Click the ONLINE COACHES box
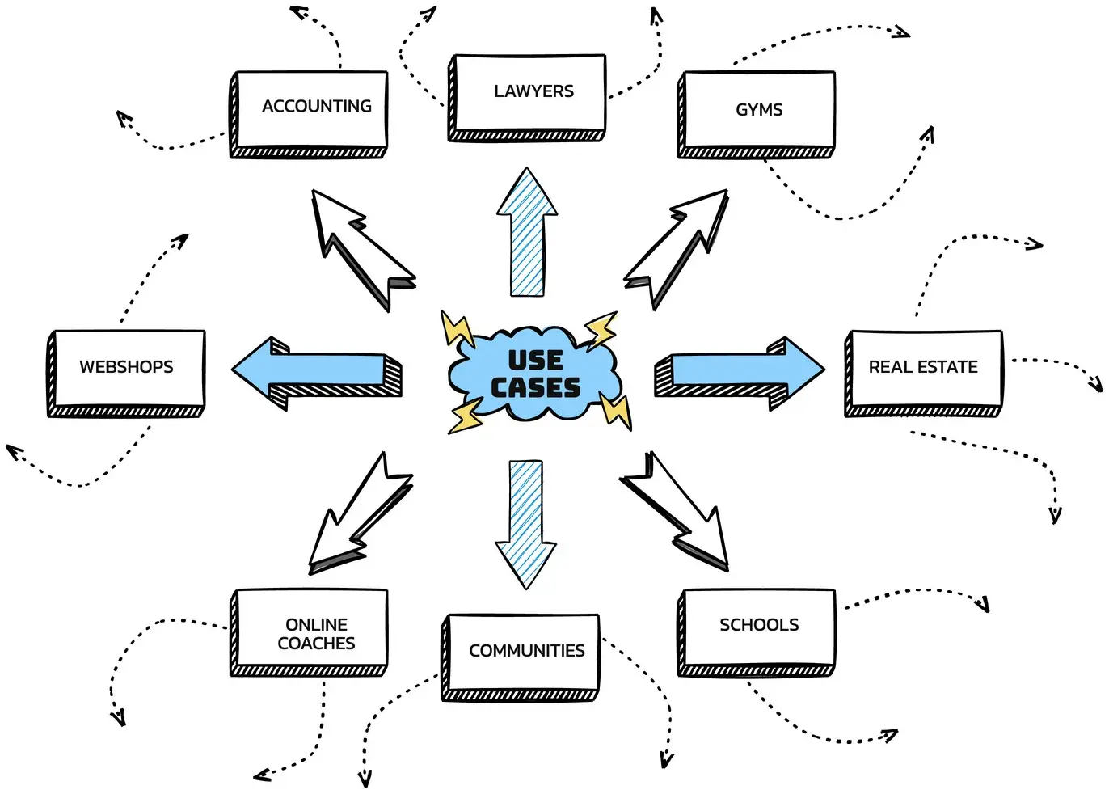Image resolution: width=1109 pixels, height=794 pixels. [311, 631]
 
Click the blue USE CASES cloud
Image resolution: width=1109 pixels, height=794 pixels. [535, 374]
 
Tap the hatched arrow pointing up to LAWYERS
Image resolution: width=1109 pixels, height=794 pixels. [527, 234]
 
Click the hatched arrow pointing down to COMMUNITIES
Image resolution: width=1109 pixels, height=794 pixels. [526, 522]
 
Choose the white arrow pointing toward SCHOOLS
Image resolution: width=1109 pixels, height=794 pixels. [679, 513]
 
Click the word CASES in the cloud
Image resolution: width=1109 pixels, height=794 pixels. [535, 388]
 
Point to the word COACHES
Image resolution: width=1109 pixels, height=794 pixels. [316, 644]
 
